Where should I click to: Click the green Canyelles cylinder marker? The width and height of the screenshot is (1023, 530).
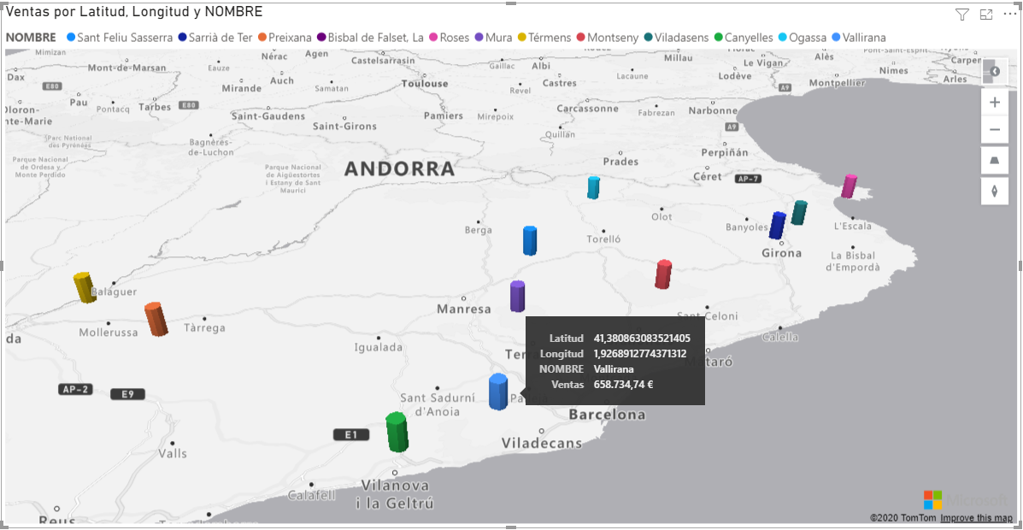(396, 432)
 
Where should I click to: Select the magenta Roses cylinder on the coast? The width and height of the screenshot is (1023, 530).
(849, 186)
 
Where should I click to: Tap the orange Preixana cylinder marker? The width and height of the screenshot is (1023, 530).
(156, 319)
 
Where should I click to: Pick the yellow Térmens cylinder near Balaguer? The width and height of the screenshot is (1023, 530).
(84, 287)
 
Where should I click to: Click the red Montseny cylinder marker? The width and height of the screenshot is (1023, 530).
(663, 274)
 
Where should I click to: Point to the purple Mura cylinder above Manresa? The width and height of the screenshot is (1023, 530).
(517, 297)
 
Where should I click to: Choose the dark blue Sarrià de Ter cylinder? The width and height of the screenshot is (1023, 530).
(777, 226)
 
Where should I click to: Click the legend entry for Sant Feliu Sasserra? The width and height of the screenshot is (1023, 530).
(125, 38)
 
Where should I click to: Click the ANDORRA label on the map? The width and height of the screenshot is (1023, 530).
(399, 169)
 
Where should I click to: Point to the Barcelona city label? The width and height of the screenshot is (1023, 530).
(607, 415)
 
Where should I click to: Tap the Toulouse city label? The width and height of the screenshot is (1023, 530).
(425, 84)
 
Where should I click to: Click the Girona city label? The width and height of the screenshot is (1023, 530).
(781, 253)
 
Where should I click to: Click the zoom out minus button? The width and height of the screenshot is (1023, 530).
(995, 130)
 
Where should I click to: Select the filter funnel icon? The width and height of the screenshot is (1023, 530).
(962, 15)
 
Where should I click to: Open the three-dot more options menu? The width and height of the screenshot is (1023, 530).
(1009, 15)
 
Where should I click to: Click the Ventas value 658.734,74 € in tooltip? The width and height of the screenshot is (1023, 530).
(623, 385)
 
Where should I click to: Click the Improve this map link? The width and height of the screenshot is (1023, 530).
(976, 518)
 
